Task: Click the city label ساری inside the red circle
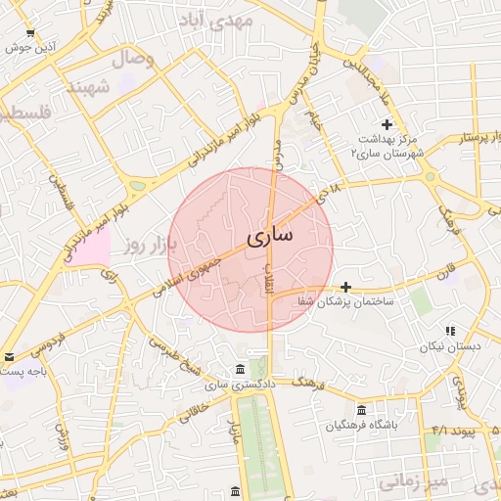click(x=267, y=236)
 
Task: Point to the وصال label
click(x=135, y=60)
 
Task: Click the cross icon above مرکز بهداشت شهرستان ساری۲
click(x=387, y=124)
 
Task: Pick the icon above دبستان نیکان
click(x=449, y=332)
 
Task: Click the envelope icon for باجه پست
click(x=9, y=358)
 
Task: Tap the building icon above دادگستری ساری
click(x=240, y=369)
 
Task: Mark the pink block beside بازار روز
click(x=90, y=249)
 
